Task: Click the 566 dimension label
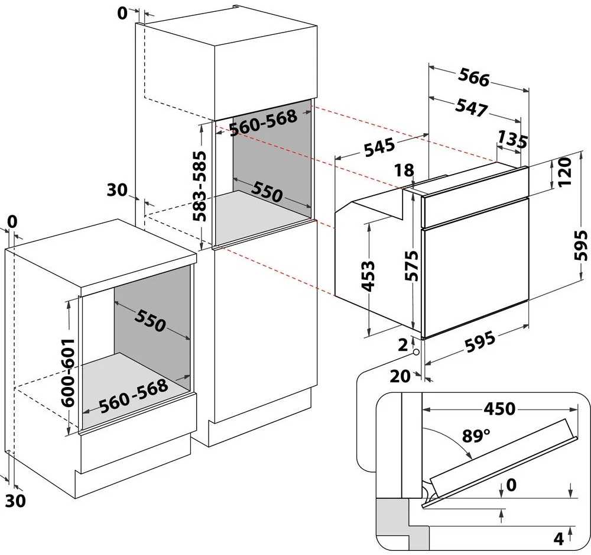474,78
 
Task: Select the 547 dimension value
471,107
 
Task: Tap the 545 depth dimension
379,146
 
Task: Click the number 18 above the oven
404,170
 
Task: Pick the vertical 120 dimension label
564,172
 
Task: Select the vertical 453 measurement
368,276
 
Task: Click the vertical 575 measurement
411,266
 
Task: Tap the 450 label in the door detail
499,408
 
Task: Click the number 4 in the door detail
558,539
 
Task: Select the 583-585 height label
199,186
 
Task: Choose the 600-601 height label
68,372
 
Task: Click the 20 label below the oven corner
400,376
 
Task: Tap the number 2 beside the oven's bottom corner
403,345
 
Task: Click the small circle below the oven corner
416,353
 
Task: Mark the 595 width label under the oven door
480,341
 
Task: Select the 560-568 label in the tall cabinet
264,122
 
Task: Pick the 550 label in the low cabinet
150,320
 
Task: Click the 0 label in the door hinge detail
511,485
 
